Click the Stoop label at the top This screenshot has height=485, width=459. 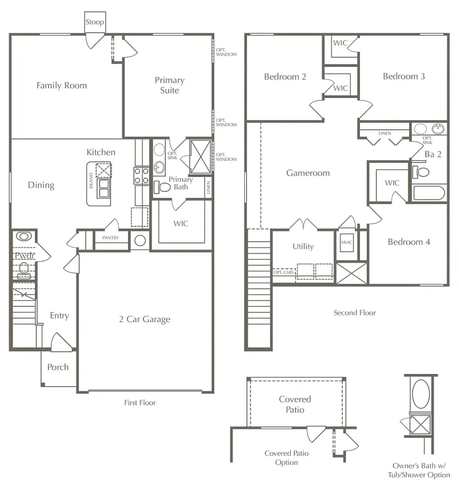[x=95, y=22]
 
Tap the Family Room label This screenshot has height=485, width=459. [x=62, y=86]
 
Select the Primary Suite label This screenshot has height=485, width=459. [x=169, y=85]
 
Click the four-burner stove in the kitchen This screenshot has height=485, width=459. [x=141, y=176]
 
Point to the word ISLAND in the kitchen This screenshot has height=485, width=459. [x=91, y=181]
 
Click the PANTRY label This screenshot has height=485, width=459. [x=110, y=238]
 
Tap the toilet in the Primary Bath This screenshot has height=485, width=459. [x=162, y=187]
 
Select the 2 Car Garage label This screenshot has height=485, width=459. [x=145, y=319]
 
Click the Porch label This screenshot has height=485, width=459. [x=58, y=367]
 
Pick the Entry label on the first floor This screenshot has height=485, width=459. [x=59, y=316]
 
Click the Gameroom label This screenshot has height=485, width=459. [x=308, y=173]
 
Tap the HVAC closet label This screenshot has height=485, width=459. [x=347, y=242]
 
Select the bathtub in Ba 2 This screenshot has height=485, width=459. [x=429, y=193]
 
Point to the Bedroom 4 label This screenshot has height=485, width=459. [x=409, y=242]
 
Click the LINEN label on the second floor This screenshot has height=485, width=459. [x=384, y=133]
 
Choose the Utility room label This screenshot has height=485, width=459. [x=303, y=247]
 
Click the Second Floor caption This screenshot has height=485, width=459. [x=355, y=313]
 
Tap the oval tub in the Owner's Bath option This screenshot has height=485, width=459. [x=421, y=394]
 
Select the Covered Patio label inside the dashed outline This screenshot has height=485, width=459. [x=295, y=404]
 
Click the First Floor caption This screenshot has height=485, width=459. [x=140, y=403]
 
